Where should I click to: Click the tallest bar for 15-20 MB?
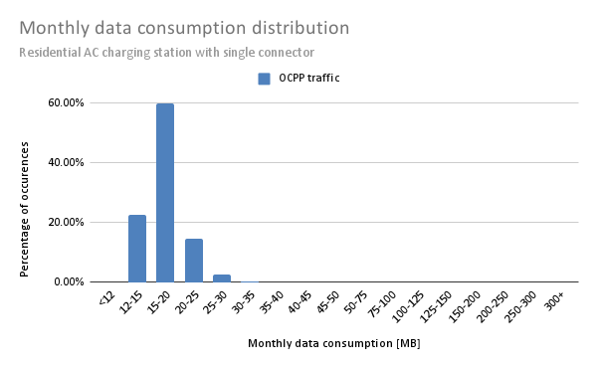click(165, 193)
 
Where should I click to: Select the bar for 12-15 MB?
click(137, 249)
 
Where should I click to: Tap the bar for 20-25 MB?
click(194, 261)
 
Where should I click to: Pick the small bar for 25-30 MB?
click(222, 278)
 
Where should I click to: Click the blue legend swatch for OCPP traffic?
click(264, 79)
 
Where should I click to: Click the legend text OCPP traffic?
click(309, 79)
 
